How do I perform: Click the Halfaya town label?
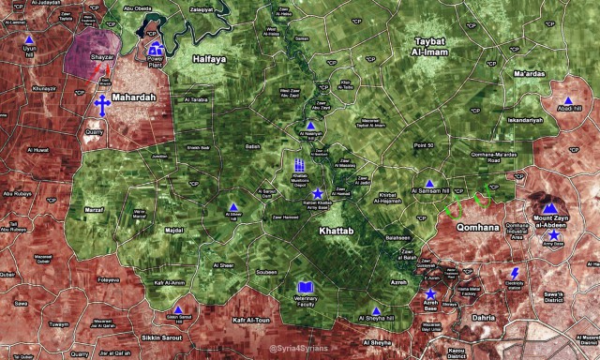[x=209, y=58]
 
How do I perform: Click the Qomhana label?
[x=473, y=227]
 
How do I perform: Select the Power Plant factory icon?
[x=156, y=49]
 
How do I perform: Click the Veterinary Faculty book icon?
[x=305, y=287]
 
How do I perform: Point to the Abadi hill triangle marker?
[x=568, y=99]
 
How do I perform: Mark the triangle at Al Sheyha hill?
[x=376, y=311]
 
